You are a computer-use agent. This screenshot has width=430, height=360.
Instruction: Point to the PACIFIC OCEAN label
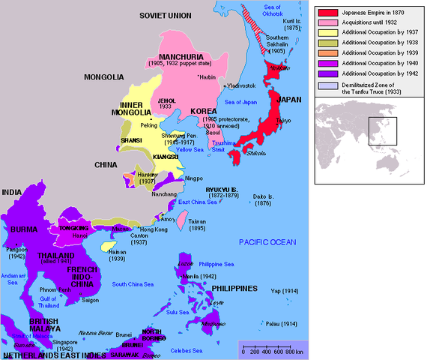[269, 241]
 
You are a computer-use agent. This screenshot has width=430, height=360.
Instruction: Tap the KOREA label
[203, 111]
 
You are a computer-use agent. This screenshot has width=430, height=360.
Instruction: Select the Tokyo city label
[282, 121]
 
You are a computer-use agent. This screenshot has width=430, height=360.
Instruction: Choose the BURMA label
[25, 229]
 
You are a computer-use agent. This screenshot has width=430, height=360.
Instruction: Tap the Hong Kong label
[155, 229]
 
